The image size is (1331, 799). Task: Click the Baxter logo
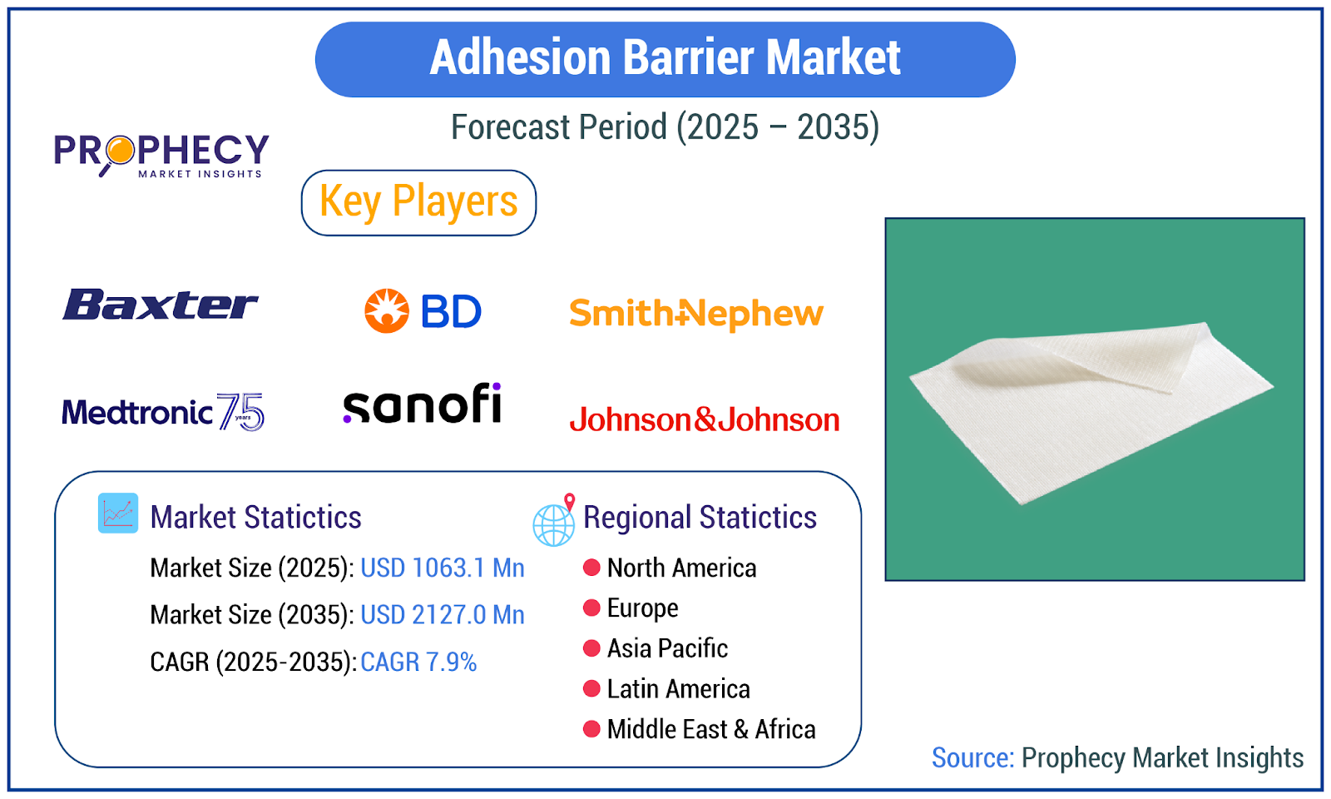tap(160, 305)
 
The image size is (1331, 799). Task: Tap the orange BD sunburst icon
tap(387, 311)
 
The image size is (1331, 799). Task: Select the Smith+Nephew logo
tap(696, 315)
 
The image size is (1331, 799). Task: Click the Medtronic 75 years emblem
tap(241, 411)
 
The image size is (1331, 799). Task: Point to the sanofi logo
tap(423, 403)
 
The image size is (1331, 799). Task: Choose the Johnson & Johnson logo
tap(704, 419)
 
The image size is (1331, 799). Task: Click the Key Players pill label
tap(418, 203)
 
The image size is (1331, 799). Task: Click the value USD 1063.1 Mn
tap(443, 568)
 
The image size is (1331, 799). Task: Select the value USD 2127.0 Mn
tap(443, 615)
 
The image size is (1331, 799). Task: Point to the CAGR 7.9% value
tap(418, 663)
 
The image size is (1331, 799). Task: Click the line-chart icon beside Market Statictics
tap(118, 513)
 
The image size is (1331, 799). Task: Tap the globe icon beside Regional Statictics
tap(554, 521)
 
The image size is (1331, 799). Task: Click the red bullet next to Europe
tap(591, 608)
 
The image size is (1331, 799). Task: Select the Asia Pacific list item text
tap(667, 648)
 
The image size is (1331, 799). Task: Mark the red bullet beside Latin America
tap(591, 689)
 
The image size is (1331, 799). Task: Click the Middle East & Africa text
tap(711, 729)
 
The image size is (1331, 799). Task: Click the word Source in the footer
tap(972, 758)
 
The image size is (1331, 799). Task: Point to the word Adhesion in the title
tap(521, 57)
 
